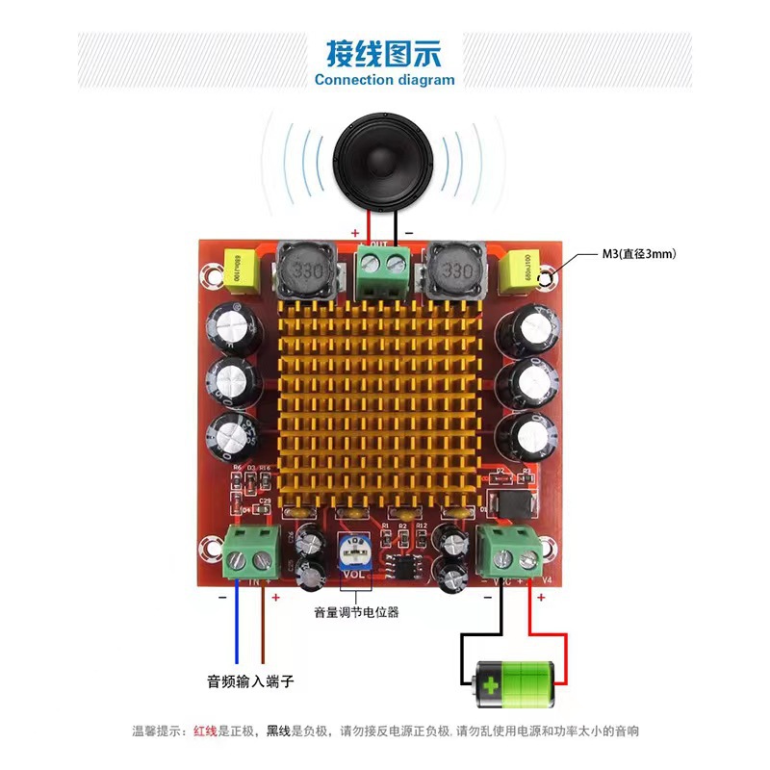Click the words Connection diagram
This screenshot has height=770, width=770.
pos(384,80)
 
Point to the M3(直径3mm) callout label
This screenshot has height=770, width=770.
pos(638,254)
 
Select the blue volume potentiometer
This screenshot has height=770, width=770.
pos(355,554)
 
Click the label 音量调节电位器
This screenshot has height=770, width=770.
pos(356,612)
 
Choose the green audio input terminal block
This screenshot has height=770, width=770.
pos(252,554)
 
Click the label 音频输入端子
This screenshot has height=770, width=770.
pos(249,681)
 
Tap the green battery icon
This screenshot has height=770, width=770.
pos(514,683)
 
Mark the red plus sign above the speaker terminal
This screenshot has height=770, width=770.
pos(355,233)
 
